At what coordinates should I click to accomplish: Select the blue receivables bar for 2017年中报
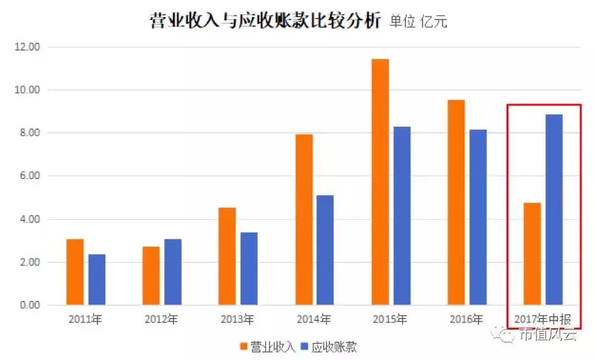tap(553, 210)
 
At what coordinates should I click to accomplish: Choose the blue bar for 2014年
tap(325, 250)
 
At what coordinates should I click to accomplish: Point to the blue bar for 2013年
tap(249, 268)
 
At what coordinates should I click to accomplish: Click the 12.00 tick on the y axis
tap(26, 47)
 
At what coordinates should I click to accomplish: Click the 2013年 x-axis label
tap(237, 319)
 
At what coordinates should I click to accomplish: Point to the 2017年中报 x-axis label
tap(542, 319)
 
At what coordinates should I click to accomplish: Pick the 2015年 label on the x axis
tap(390, 319)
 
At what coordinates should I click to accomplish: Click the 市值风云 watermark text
tap(546, 334)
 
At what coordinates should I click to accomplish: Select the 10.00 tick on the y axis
tap(26, 90)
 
